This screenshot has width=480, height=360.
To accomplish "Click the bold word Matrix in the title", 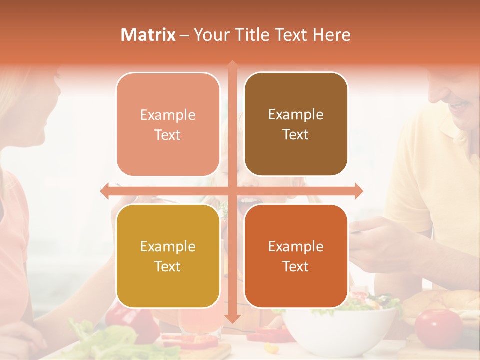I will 148,35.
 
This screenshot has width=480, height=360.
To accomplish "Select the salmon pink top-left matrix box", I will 168,124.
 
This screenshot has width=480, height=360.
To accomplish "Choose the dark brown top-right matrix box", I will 296,124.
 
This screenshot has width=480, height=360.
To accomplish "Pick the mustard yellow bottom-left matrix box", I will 168,256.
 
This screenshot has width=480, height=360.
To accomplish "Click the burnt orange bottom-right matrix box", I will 296,256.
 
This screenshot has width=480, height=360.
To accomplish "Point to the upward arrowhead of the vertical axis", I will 232,64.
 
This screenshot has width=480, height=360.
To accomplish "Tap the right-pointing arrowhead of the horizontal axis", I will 358,191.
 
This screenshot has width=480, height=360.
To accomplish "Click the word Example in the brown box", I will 296,115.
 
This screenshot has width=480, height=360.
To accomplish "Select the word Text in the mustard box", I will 168,266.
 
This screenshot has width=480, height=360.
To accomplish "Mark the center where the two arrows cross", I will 232,191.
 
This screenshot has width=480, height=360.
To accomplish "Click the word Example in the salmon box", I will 168,115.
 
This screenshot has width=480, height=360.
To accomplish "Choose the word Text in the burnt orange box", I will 296,266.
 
